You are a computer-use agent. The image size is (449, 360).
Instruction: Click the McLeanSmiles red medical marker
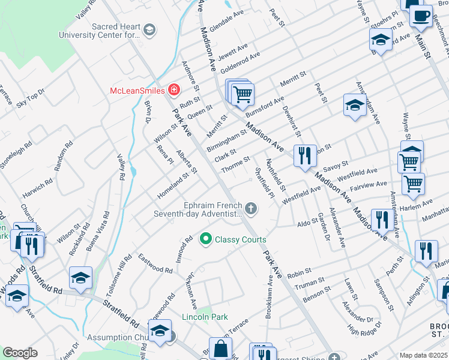(174, 91)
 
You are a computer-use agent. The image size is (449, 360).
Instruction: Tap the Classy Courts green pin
(206, 239)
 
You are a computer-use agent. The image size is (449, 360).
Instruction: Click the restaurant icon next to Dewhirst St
(304, 155)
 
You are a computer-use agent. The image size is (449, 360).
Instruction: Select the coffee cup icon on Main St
(421, 14)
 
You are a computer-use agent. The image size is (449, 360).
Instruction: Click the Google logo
(20, 353)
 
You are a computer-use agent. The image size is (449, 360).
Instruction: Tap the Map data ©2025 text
(423, 355)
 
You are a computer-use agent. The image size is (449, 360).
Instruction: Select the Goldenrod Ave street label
(240, 62)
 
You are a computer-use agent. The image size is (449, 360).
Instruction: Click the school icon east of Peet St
(355, 105)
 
